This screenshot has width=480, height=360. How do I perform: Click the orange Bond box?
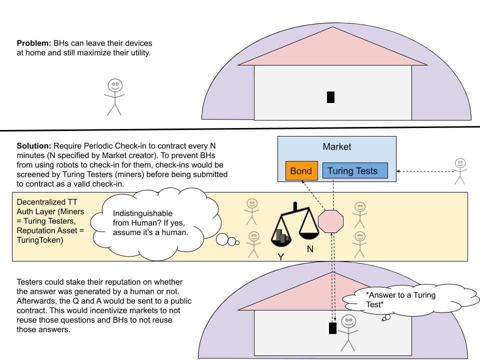coord(301,171)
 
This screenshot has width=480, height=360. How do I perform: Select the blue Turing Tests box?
coord(355,171)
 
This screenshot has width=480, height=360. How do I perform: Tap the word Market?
coord(337,147)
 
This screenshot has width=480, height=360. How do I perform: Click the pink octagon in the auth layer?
coord(331,221)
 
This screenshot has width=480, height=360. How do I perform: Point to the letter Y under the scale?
coord(280,256)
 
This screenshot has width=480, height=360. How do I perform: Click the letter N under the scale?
coord(310,248)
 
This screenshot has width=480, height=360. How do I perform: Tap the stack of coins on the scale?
coord(281,237)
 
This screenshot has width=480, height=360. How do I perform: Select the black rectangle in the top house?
coord(330,97)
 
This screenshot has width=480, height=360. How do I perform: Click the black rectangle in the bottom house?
coord(332,328)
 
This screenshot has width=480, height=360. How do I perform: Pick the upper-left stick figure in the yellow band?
coord(251,211)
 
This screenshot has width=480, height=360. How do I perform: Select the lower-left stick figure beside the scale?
coord(254,244)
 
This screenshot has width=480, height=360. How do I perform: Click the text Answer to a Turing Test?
coord(400,300)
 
